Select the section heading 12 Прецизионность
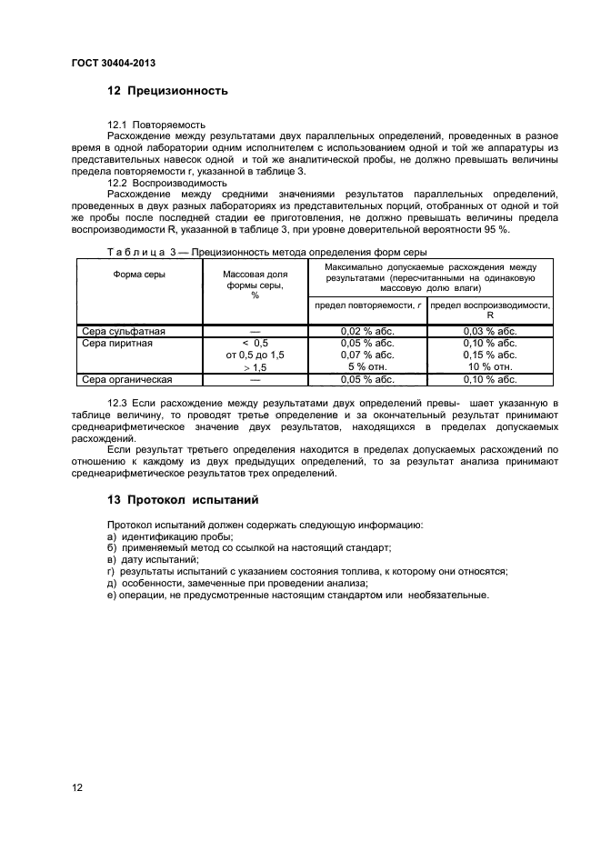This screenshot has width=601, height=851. click(167, 91)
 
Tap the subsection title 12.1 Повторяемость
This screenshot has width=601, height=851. click(156, 123)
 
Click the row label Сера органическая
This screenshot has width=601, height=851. click(127, 379)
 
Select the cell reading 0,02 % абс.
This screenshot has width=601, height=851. click(366, 332)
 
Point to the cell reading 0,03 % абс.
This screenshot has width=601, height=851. click(489, 332)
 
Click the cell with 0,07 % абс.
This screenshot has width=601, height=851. click(366, 355)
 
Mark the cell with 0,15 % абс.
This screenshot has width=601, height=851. click(489, 355)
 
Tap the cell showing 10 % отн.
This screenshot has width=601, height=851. click(489, 367)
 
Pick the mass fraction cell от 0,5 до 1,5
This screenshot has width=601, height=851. click(255, 355)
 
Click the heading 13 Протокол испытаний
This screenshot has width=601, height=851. click(183, 500)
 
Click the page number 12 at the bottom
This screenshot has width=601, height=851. click(77, 787)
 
